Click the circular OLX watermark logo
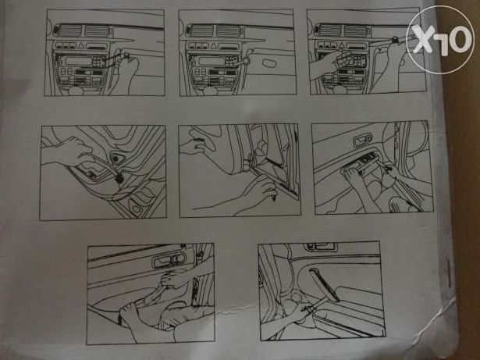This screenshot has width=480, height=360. (440, 40)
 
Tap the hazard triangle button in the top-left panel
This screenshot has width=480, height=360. (82, 46)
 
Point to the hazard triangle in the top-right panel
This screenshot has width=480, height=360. (342, 46)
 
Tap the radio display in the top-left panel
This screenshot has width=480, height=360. (79, 61)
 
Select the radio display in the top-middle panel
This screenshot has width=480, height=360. (212, 61)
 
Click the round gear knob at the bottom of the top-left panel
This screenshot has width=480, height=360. (75, 91)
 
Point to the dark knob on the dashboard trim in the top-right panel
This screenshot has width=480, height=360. (396, 39)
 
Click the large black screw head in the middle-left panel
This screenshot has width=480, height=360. (119, 179)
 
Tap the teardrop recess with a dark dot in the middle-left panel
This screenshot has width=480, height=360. (116, 158)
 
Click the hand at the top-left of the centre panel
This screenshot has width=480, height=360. (195, 141)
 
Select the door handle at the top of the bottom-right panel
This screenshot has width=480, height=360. (320, 246)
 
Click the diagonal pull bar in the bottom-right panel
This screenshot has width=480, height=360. (324, 284)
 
